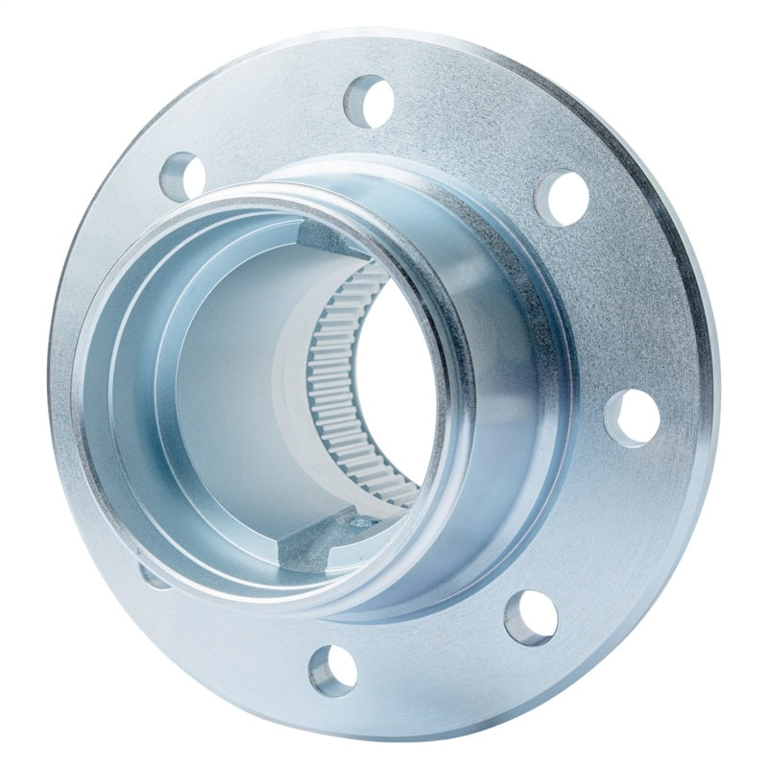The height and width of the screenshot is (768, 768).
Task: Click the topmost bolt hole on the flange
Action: [371, 100]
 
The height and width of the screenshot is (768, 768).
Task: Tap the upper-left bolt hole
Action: [183, 176]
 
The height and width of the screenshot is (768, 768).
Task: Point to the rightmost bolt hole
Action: [632, 418]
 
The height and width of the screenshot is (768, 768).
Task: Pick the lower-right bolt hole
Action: [531, 616]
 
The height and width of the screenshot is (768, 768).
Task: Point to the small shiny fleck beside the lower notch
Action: [359, 522]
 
